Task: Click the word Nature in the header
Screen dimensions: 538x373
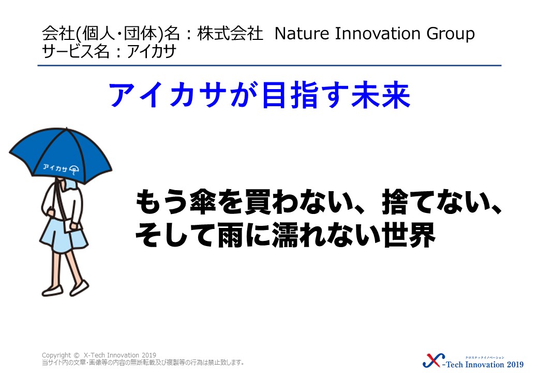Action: click(x=302, y=34)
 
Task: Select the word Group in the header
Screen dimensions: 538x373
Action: click(x=451, y=34)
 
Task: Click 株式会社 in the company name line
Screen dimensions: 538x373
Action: click(x=230, y=34)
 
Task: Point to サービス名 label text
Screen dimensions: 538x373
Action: click(x=76, y=51)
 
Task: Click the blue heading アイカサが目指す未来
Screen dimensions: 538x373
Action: click(x=259, y=95)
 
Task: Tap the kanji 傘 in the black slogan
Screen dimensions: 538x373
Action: click(x=202, y=202)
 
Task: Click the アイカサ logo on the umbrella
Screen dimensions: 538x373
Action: click(x=61, y=168)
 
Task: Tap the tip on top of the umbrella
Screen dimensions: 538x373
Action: click(x=66, y=128)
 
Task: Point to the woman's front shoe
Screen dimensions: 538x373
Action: click(x=80, y=288)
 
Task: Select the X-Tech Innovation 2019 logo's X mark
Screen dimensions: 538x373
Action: click(x=434, y=361)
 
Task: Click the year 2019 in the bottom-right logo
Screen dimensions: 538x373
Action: click(x=515, y=364)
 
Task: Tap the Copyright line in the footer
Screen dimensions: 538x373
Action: click(x=99, y=355)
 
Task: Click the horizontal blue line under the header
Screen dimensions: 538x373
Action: click(x=270, y=65)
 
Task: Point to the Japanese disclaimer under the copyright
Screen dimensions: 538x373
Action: click(x=143, y=362)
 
